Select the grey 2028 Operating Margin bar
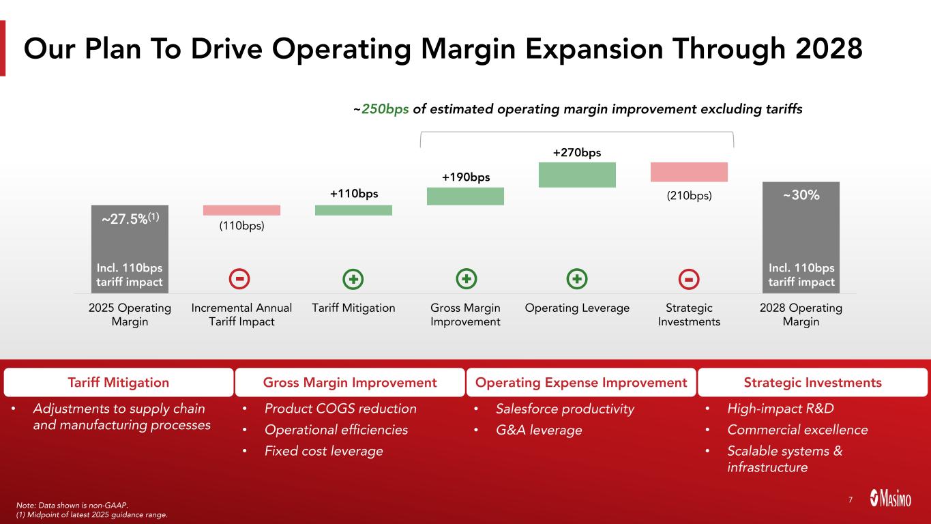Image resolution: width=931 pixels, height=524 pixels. tap(801, 237)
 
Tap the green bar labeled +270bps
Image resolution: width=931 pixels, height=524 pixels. tap(577, 175)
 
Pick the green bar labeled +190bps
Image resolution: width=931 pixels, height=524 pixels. tap(465, 196)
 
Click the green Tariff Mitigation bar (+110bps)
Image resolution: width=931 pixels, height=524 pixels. tap(353, 210)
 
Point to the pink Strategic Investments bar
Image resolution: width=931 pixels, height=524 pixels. tap(689, 172)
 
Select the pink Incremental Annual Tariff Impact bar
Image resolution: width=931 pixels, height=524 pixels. tap(241, 210)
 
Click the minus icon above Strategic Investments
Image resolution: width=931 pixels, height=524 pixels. tap(689, 279)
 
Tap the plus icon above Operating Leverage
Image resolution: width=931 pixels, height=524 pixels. tap(577, 279)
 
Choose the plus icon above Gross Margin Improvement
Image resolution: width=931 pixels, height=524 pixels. tap(466, 279)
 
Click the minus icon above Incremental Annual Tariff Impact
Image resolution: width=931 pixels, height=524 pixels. tap(241, 279)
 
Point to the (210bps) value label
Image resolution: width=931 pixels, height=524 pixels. tap(689, 196)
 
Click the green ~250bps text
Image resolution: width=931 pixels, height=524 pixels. tap(385, 109)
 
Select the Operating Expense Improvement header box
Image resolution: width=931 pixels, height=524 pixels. tap(581, 383)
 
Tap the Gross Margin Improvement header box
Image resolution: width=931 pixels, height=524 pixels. tap(350, 383)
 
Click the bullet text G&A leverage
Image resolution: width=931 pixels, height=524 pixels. tap(539, 431)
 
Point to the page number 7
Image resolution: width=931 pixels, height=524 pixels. tap(851, 500)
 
